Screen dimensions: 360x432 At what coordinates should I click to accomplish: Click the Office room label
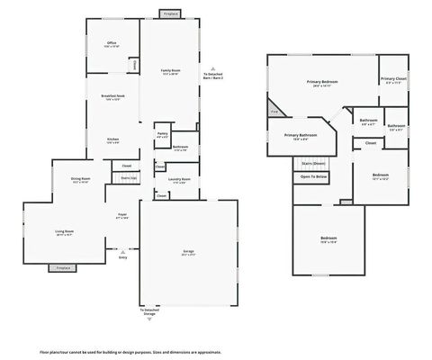tap(112, 43)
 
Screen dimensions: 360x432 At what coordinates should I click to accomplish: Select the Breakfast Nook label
tap(112, 97)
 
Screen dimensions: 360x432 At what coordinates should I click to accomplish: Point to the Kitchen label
tap(112, 140)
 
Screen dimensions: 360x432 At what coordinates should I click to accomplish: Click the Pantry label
tap(162, 135)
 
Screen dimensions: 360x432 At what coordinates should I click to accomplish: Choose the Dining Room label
tap(80, 179)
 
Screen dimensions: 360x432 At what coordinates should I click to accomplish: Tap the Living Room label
tap(64, 231)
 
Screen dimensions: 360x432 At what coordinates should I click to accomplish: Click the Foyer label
tap(121, 215)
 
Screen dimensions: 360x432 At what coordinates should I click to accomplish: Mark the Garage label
tap(188, 253)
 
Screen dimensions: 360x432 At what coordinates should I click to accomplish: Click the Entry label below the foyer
tap(122, 256)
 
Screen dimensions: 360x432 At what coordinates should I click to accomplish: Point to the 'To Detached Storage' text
tap(148, 313)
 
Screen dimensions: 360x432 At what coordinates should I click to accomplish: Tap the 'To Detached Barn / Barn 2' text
tap(212, 76)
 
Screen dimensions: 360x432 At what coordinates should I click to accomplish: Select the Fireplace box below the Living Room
tap(63, 267)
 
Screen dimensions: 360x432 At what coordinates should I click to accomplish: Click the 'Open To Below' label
tap(313, 176)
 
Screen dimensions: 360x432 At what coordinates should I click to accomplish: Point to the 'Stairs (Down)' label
tap(313, 163)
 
